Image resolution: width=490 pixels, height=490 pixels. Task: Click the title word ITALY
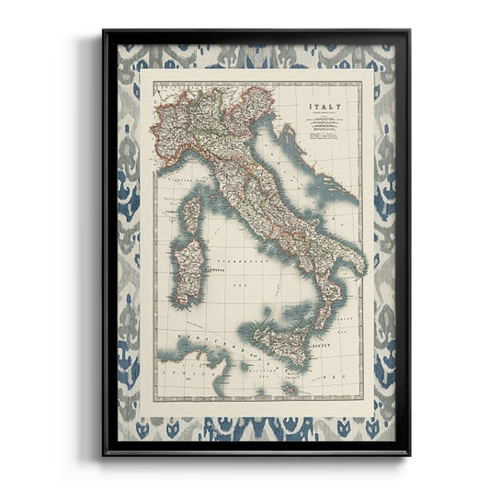pos(323,108)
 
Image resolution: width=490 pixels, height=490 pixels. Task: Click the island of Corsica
pos(191,212)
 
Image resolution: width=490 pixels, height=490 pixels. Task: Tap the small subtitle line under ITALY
pos(323,116)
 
